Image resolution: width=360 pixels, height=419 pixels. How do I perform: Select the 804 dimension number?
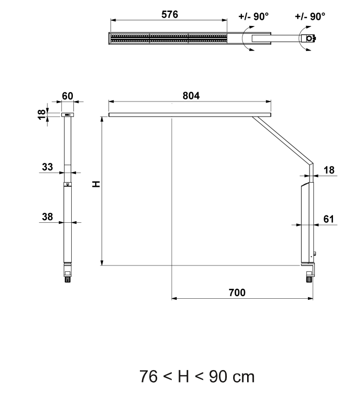pos(191,96)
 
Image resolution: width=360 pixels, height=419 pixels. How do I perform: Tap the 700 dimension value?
pos(237,293)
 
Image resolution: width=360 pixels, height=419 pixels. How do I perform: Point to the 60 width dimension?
pos(68,96)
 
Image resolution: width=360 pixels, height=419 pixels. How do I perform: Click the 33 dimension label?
pos(47,167)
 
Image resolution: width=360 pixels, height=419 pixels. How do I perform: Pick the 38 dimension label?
pos(47,217)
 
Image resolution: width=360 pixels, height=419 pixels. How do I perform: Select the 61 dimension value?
pos(329,219)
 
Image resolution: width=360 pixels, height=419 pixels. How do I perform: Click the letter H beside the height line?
pos(95,185)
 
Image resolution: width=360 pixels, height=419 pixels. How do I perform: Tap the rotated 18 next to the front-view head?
pos(42,115)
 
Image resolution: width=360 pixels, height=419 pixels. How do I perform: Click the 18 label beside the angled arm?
pos(329,170)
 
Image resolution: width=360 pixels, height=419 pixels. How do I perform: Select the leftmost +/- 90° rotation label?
pos(253,16)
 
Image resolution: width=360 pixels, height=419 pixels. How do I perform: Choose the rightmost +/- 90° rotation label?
pos(310,16)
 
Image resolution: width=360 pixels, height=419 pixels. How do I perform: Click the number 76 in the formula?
pos(148,376)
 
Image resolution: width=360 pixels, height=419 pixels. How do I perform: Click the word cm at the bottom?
pos(243,376)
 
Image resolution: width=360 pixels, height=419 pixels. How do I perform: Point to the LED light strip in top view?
pos(168,39)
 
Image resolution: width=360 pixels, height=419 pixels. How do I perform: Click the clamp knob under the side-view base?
pos(310,279)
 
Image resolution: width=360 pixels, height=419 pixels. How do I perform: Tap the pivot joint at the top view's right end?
pos(310,39)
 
